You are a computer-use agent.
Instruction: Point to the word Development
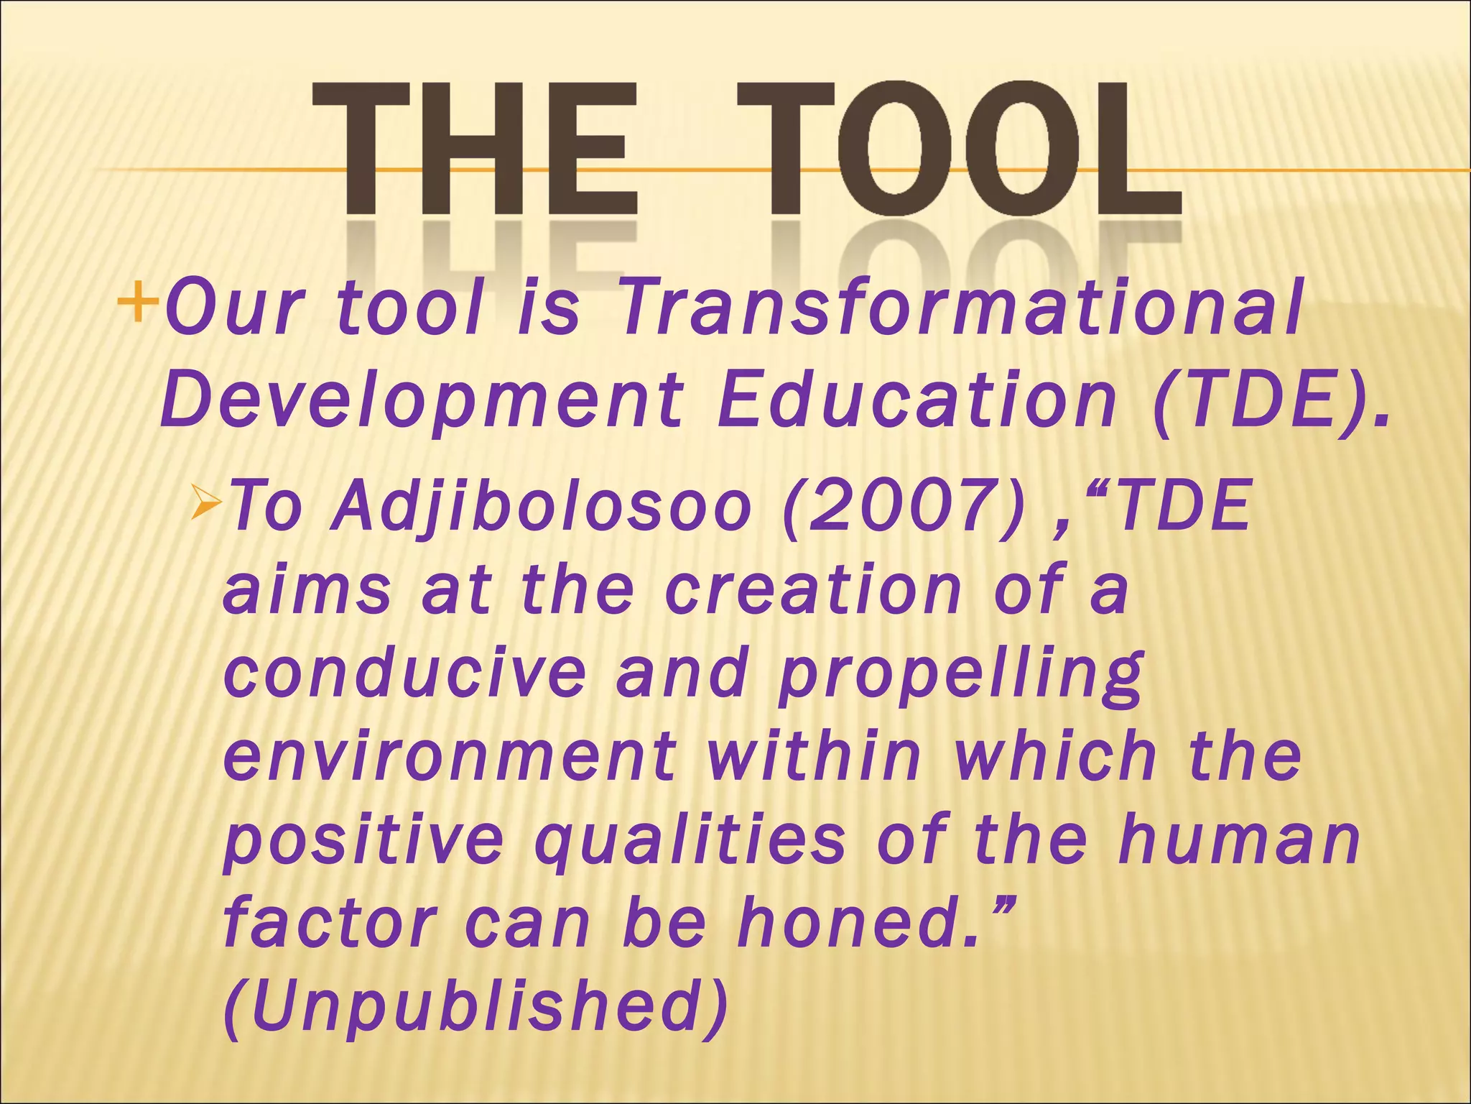point(420,400)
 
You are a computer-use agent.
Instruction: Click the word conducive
point(405,673)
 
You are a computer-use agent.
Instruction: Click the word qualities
point(690,841)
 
